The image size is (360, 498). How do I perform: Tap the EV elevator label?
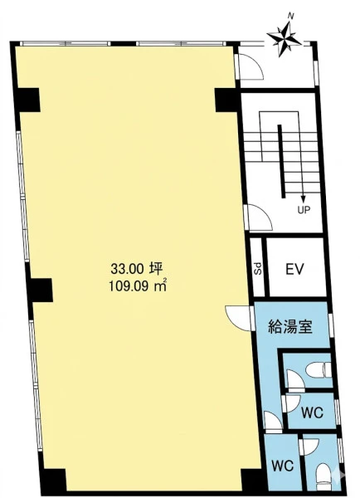[294, 269]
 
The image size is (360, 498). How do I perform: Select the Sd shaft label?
[259, 268]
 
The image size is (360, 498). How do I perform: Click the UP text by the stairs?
[304, 210]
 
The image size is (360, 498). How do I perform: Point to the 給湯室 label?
[291, 325]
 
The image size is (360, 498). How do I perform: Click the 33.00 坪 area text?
[137, 269]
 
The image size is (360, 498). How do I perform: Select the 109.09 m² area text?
[138, 286]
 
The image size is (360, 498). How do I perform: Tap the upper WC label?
[313, 413]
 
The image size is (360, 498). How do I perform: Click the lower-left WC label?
[283, 466]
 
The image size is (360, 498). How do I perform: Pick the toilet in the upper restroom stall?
[319, 370]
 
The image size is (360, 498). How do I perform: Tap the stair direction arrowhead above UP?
[303, 199]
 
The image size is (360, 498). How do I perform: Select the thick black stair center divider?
[280, 161]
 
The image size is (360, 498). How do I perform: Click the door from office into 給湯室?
[239, 318]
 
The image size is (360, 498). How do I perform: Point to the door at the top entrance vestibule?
[251, 66]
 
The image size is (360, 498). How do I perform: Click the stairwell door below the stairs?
[259, 217]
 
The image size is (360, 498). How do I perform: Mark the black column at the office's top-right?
[227, 100]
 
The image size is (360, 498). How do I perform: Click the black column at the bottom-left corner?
[53, 481]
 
